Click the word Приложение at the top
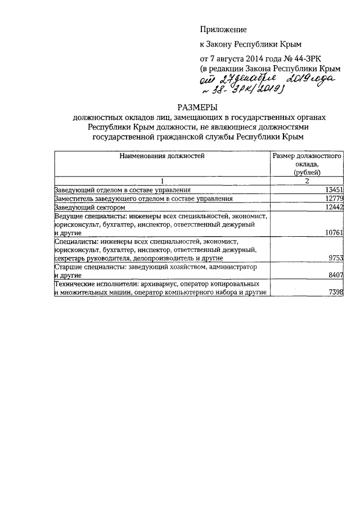pos(223,29)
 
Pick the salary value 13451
pos(331,190)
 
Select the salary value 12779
pos(331,199)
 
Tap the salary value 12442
pos(331,208)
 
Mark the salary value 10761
pos(331,232)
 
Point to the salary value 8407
pos(333,276)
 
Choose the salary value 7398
pos(333,293)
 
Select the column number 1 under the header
pos(161,181)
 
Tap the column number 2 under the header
pos(307,181)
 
